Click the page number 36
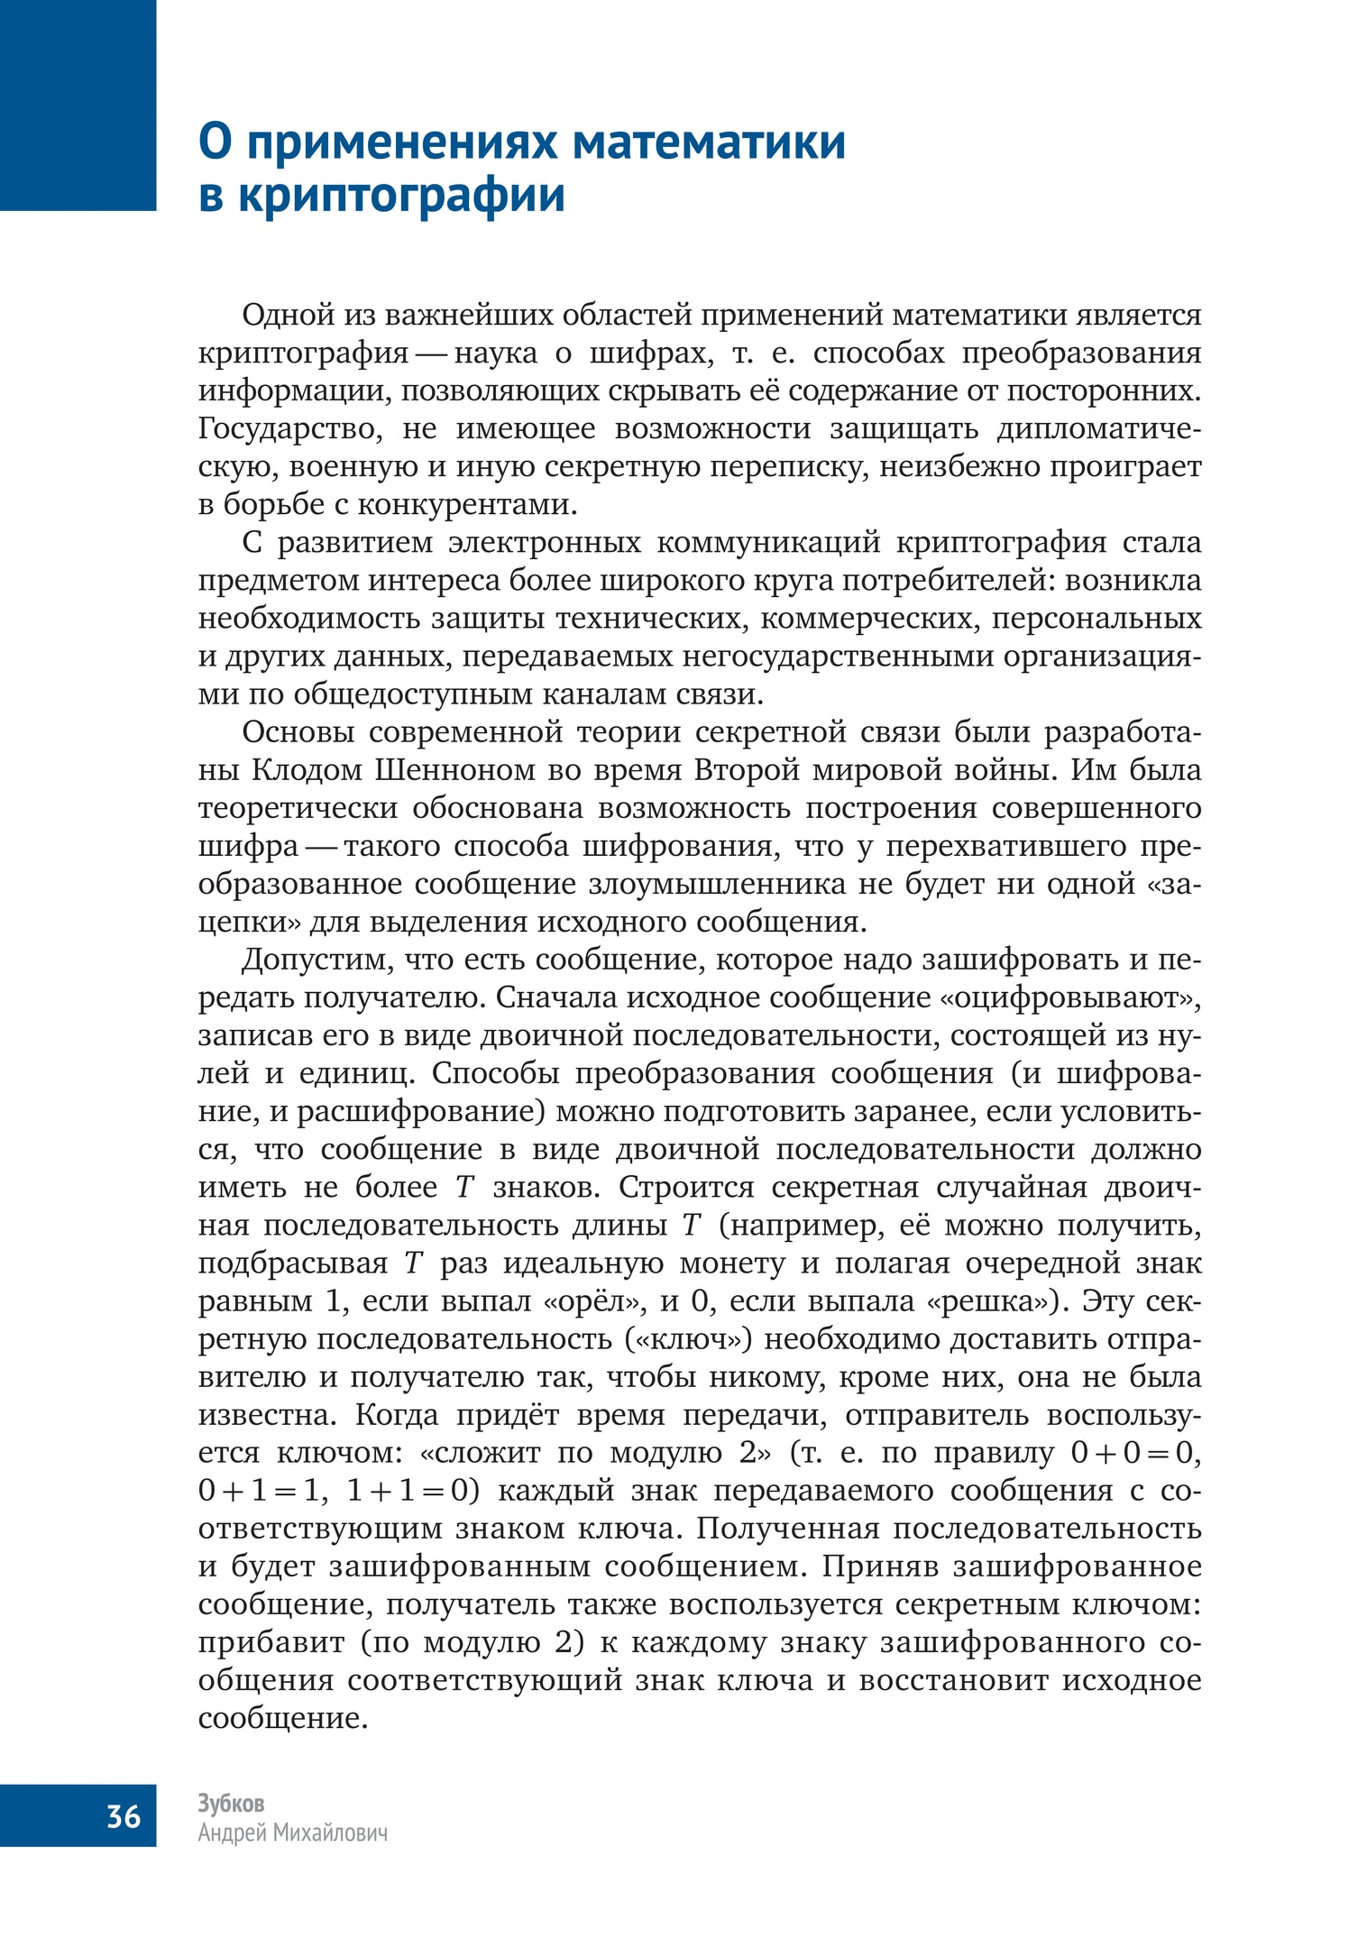tap(124, 1815)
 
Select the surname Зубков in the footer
tap(231, 1803)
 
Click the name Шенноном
tap(459, 769)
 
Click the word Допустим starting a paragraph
tap(317, 960)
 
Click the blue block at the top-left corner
tap(78, 105)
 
